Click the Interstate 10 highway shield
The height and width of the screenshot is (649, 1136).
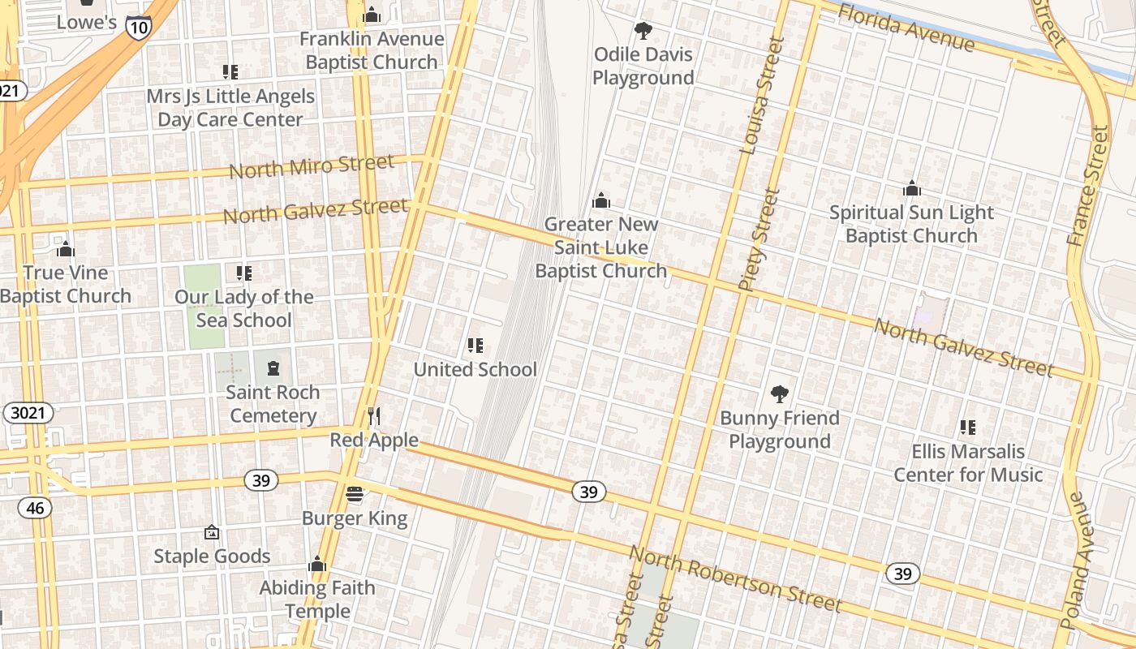pyautogui.click(x=138, y=27)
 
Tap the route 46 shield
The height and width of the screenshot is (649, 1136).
pyautogui.click(x=34, y=508)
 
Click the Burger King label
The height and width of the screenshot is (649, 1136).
pyautogui.click(x=355, y=518)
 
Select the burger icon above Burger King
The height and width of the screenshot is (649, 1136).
pyautogui.click(x=355, y=494)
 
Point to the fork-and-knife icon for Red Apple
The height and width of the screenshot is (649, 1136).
pyautogui.click(x=374, y=416)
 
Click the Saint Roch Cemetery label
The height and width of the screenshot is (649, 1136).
pyautogui.click(x=273, y=404)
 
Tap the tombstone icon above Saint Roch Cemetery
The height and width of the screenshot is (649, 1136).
pyautogui.click(x=273, y=369)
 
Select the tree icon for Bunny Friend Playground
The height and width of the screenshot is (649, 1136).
pyautogui.click(x=779, y=394)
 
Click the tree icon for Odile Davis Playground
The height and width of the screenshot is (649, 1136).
pyautogui.click(x=643, y=31)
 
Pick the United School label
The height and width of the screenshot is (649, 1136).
pyautogui.click(x=475, y=370)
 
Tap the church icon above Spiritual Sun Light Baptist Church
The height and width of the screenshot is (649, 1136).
pyautogui.click(x=912, y=189)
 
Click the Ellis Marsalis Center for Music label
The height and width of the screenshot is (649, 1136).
pyautogui.click(x=967, y=462)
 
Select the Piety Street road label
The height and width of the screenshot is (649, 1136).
pyautogui.click(x=759, y=240)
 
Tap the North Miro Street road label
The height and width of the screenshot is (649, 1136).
pyautogui.click(x=312, y=166)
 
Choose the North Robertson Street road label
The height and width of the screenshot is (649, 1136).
pyautogui.click(x=735, y=579)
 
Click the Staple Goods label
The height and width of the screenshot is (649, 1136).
pyautogui.click(x=212, y=557)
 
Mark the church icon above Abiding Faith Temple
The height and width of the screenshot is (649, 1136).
pyautogui.click(x=317, y=564)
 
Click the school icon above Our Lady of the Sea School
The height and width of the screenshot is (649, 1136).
pyautogui.click(x=244, y=273)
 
